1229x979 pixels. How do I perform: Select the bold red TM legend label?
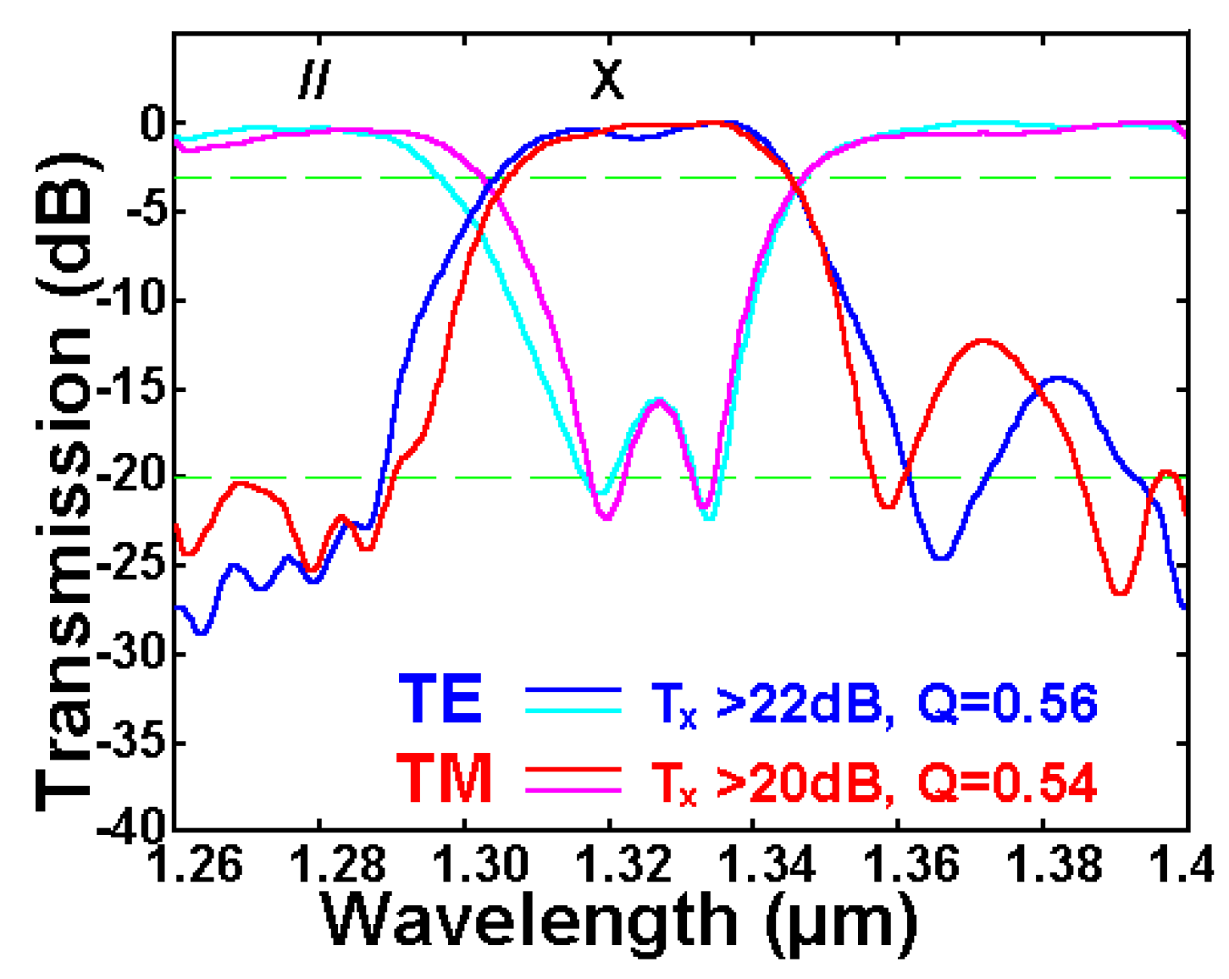445,778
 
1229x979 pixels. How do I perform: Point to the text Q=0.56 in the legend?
1007,703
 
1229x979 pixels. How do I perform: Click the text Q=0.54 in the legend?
1007,782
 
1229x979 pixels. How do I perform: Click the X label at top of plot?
606,80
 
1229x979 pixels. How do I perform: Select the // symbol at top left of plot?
314,80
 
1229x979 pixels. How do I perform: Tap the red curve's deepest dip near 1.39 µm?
1120,593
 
